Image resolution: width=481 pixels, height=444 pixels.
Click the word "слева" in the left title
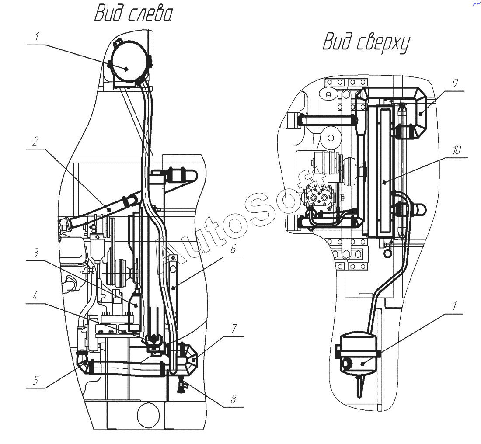coord(149,14)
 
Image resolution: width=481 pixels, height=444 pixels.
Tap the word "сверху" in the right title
coord(383,43)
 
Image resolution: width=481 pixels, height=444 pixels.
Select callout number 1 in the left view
coord(37,37)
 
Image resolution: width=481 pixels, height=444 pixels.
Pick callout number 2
coord(35,141)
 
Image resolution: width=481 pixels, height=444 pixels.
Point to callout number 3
coord(36,253)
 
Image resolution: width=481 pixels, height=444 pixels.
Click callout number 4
coord(35,297)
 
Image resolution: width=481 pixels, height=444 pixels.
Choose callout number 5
coord(36,381)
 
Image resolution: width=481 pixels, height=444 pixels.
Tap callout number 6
coord(233,249)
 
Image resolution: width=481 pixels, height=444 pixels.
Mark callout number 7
coord(234,328)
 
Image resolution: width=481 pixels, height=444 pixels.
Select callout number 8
coord(234,399)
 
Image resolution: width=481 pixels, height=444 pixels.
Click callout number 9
coord(455,83)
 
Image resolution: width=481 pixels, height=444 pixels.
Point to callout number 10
coord(457,150)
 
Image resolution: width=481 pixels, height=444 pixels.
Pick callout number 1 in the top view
coord(455,305)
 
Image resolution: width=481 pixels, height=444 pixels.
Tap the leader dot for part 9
coord(421,114)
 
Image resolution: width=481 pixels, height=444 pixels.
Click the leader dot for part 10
coord(385,182)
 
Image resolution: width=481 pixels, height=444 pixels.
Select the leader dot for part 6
coord(174,288)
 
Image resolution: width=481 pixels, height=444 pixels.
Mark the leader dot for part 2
coord(108,209)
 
